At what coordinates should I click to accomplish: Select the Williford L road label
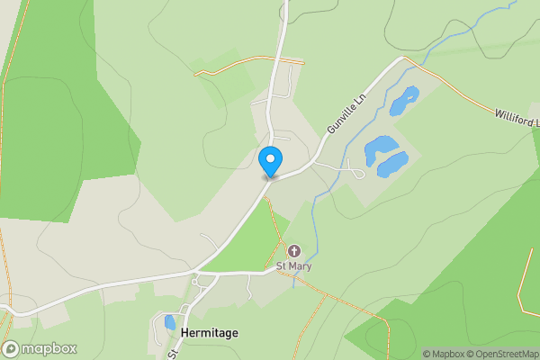click(516, 117)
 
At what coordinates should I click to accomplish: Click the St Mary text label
click(293, 267)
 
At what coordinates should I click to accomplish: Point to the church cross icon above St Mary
click(293, 251)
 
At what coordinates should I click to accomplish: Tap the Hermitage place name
click(210, 333)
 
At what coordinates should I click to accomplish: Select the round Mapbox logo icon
click(12, 349)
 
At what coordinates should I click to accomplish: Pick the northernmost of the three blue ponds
click(404, 99)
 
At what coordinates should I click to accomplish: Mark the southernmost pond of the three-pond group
click(393, 165)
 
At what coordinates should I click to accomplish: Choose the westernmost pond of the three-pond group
click(380, 145)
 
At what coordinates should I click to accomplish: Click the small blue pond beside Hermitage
click(170, 322)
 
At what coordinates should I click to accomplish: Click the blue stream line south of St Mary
click(293, 281)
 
